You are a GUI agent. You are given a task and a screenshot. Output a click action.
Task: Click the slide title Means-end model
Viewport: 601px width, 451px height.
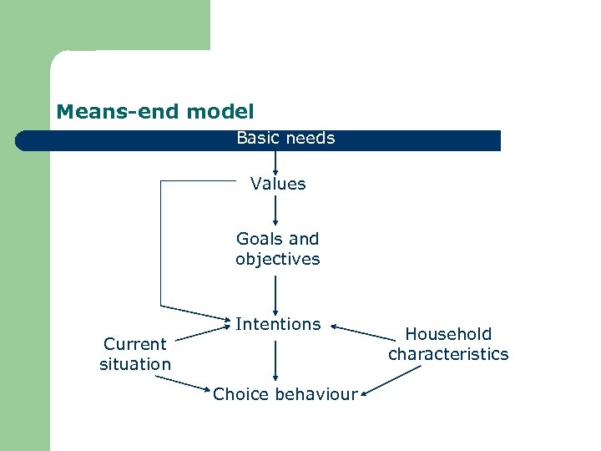154,111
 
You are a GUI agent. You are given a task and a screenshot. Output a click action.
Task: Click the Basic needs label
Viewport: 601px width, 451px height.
285,139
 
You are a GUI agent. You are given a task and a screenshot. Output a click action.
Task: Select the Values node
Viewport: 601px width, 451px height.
278,184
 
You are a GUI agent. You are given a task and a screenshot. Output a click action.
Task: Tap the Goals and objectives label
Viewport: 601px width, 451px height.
277,249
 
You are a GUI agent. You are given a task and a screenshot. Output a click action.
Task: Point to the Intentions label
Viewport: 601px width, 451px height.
278,324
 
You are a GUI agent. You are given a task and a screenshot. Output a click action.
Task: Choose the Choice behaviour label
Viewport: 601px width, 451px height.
285,394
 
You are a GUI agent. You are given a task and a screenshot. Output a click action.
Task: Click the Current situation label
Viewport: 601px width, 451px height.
135,354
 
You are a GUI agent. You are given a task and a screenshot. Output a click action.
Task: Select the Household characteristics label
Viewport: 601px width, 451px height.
448,344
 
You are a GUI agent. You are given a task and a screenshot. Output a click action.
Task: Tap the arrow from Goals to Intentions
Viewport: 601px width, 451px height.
275,292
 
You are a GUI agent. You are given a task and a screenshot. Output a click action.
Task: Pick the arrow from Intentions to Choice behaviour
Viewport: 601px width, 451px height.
275,359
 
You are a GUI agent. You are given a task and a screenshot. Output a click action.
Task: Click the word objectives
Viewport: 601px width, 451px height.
277,259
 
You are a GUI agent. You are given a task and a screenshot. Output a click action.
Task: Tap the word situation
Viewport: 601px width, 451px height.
135,364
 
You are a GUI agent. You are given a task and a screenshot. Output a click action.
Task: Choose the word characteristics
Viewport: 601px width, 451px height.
448,354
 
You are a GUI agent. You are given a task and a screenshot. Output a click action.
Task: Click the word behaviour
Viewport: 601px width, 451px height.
316,394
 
